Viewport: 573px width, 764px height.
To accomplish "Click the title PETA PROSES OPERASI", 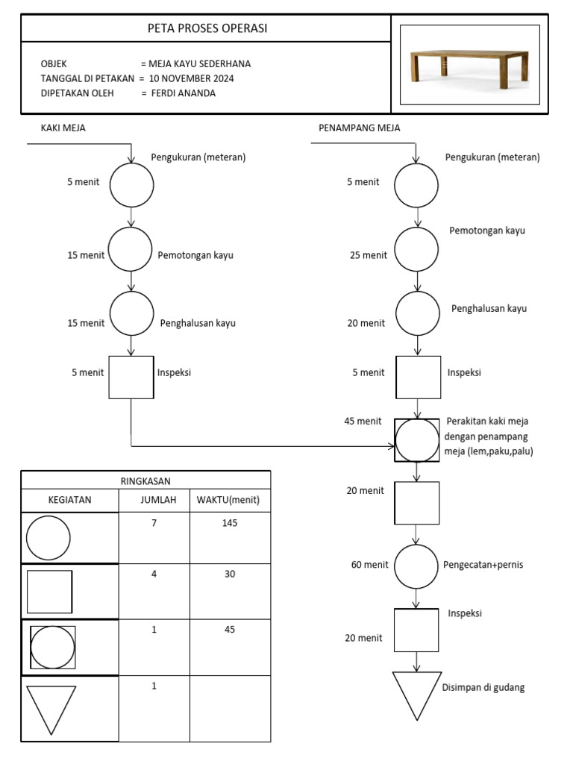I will coord(207,28).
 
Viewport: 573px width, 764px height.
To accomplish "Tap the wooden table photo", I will coord(469,65).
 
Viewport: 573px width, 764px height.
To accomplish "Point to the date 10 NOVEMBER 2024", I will coord(192,78).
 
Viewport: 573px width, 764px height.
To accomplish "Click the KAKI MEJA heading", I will coord(63,128).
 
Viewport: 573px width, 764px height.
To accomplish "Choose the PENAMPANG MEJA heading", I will coord(359,128).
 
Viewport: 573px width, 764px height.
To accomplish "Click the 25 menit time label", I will coord(369,255).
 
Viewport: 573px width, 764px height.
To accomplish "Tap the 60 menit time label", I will coord(369,565).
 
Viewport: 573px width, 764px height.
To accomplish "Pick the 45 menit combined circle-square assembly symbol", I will coord(417,440).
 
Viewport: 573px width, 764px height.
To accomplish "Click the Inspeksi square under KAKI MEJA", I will coord(131,377).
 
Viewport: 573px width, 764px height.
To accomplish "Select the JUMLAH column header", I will coord(158,500).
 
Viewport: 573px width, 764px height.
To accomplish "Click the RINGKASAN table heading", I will coord(145,481).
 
